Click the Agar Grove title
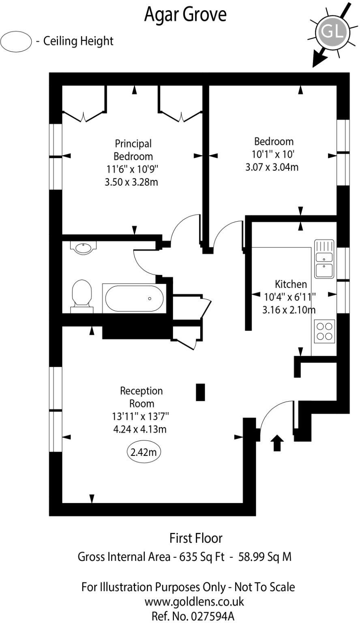185,15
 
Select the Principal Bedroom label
133,150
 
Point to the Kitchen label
291,284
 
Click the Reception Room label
141,397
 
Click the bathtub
134,298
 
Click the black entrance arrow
277,443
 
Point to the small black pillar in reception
200,392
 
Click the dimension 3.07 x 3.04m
272,167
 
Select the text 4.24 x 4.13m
139,429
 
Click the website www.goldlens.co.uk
189,601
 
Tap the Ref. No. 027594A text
193,616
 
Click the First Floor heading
196,538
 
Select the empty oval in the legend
16,41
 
